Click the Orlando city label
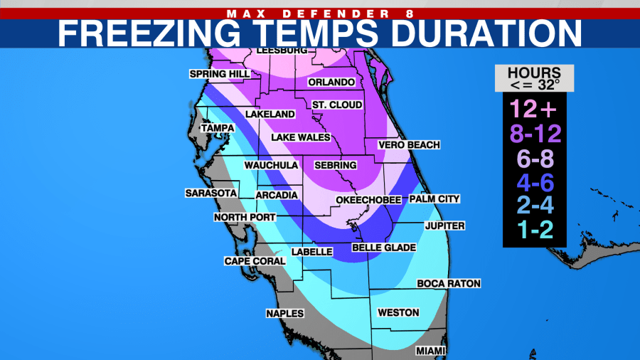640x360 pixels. click(x=331, y=83)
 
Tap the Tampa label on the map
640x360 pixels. click(x=218, y=128)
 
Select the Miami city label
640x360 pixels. click(x=432, y=351)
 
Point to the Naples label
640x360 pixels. click(x=284, y=314)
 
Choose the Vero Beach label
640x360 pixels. click(x=409, y=145)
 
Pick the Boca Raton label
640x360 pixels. click(x=449, y=284)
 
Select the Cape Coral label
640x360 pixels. click(x=255, y=261)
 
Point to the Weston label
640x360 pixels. click(x=398, y=313)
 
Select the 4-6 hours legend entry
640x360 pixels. click(x=535, y=182)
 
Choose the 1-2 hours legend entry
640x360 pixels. click(x=535, y=230)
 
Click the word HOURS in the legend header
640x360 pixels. click(x=534, y=73)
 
